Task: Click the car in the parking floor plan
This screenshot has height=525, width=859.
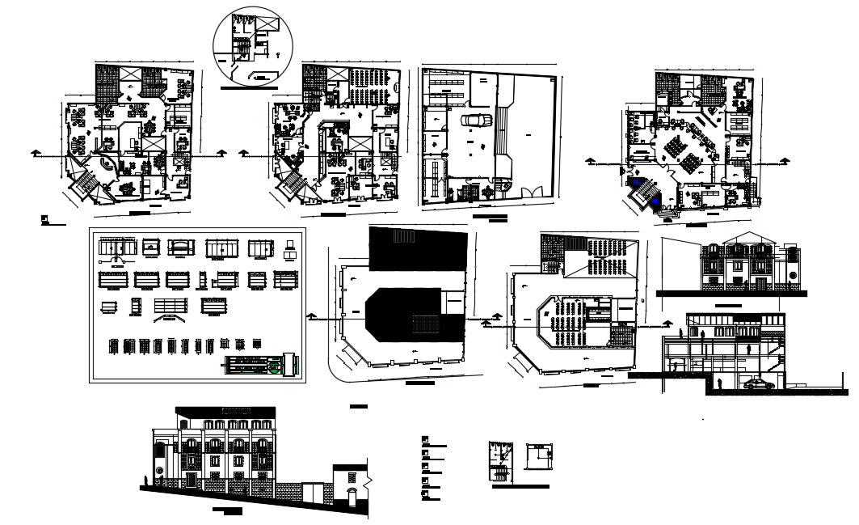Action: (x=476, y=120)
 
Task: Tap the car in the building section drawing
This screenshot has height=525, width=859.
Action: (x=759, y=384)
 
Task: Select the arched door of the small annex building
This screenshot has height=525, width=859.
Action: (x=352, y=495)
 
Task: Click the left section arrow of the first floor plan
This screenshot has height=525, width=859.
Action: (x=34, y=151)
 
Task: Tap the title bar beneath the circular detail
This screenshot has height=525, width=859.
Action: (x=249, y=87)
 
